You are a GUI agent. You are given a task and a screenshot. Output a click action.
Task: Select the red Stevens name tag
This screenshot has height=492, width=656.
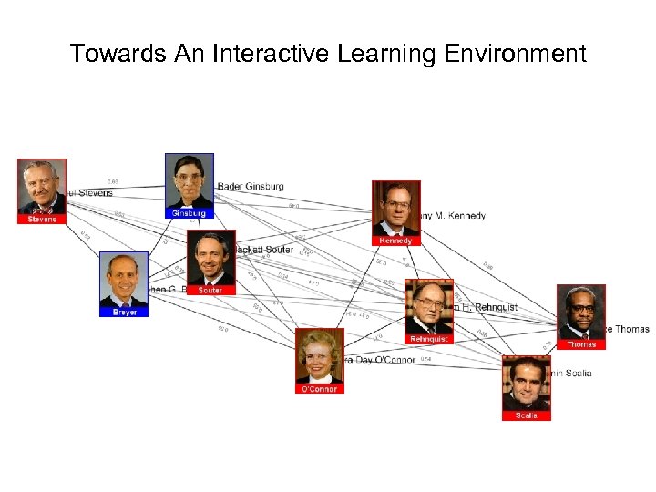pos(42,219)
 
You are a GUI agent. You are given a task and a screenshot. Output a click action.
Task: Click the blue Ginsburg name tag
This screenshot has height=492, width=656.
pos(189,213)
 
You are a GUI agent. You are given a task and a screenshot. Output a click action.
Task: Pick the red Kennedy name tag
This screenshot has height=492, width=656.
pos(395,241)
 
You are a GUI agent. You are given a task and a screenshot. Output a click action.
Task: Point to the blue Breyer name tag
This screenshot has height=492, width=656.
pos(124,312)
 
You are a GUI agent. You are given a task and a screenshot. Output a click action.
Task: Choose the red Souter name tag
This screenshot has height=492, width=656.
pos(210,290)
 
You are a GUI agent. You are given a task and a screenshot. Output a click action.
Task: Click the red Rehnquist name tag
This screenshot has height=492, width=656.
pos(428,339)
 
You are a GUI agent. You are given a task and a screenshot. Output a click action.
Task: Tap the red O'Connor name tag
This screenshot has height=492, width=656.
pos(319,389)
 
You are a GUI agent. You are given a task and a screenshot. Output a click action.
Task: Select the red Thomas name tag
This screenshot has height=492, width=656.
pos(581,344)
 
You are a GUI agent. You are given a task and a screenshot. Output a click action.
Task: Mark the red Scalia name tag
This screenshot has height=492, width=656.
pos(526,415)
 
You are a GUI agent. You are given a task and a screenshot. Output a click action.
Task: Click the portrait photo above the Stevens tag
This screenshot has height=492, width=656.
pos(42,186)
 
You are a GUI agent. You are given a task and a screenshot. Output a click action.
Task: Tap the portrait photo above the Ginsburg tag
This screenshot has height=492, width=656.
pos(189,180)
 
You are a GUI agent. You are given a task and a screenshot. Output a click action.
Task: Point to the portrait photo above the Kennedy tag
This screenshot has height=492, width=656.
pos(395,208)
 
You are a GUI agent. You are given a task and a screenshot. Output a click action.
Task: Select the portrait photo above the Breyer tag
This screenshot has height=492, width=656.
pos(124,279)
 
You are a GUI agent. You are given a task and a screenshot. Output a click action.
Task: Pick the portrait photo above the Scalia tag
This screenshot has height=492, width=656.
pos(526,383)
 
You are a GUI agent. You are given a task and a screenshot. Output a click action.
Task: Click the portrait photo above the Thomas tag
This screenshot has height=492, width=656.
pos(581,312)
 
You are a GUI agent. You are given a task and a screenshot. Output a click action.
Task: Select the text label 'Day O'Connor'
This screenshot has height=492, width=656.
pos(379,360)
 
